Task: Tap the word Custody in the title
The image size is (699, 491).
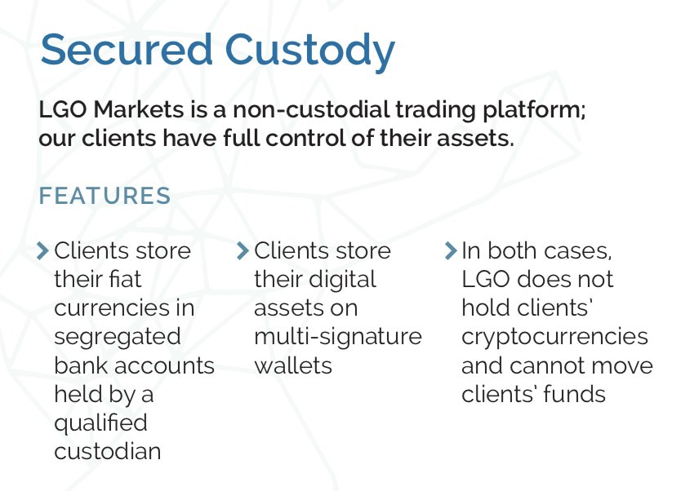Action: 311,51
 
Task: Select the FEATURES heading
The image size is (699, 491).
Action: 105,197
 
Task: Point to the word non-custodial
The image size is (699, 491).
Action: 319,110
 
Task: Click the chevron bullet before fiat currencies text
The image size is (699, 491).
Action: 43,250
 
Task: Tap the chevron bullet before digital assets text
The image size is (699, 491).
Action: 243,250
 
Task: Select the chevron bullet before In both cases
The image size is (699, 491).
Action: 450,250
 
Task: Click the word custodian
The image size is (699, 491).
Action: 107,451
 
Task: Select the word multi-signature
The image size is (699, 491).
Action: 337,336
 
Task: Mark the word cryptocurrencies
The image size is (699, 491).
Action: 554,337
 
